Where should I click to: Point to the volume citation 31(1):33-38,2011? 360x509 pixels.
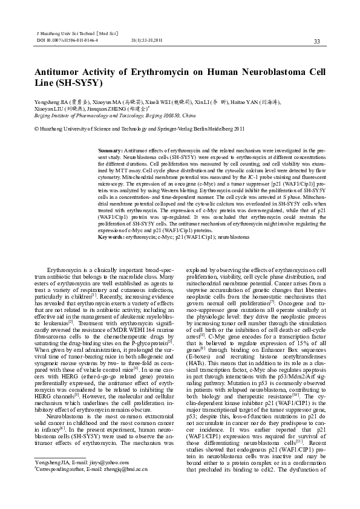coord(147,39)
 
